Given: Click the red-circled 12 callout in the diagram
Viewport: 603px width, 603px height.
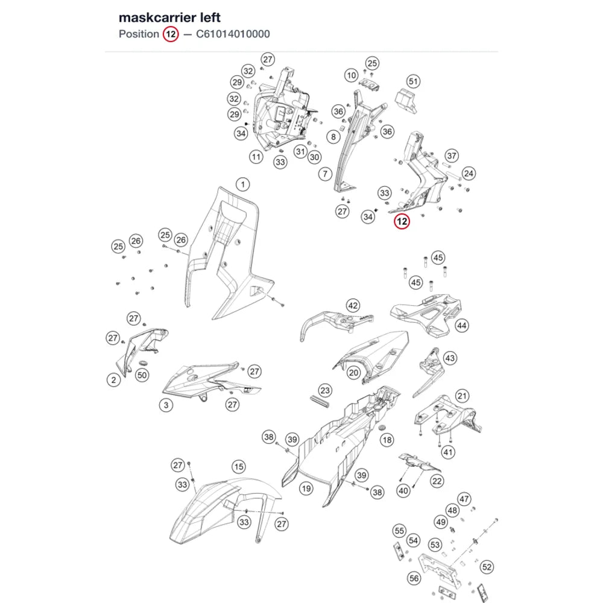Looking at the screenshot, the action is click(x=402, y=221).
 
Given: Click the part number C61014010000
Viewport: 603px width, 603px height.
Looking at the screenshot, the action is click(x=233, y=34).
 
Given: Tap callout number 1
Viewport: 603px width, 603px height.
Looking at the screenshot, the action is click(x=242, y=185).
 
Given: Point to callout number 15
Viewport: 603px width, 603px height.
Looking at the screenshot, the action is click(x=239, y=467).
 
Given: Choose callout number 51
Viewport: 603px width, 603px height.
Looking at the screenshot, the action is click(x=413, y=81).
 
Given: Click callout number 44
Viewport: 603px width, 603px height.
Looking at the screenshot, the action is click(x=461, y=326).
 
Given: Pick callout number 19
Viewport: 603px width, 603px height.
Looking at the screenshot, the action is click(x=306, y=489).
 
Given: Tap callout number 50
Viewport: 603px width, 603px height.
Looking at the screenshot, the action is click(x=142, y=375).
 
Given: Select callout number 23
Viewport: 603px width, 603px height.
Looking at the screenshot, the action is click(x=325, y=391).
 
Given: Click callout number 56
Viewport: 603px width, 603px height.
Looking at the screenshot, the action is click(x=414, y=578).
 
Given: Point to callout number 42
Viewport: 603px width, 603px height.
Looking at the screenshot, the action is click(x=353, y=306).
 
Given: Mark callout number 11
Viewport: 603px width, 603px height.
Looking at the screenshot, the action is click(x=256, y=157).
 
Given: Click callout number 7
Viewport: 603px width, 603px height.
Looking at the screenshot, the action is click(x=326, y=174).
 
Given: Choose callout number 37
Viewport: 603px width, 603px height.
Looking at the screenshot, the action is click(x=452, y=156).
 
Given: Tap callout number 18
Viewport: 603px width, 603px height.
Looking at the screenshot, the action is click(x=387, y=440).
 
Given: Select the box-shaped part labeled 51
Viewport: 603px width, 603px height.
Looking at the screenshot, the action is click(x=406, y=100).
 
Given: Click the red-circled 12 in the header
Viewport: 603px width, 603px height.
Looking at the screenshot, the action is click(x=171, y=34).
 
